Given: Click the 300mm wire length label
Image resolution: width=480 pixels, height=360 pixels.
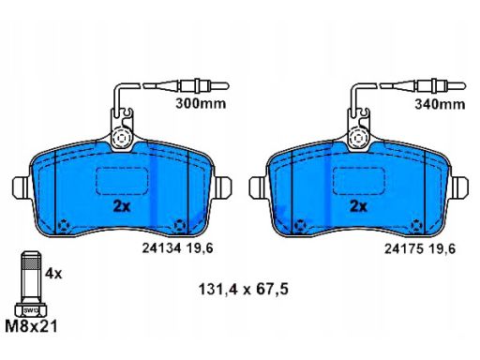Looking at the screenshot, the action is click(201, 103).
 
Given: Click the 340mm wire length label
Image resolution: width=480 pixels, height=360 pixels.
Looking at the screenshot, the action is click(440, 104).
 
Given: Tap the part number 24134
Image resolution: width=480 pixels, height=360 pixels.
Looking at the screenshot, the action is click(161, 248).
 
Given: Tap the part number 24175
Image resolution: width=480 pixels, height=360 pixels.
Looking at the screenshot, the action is click(404, 249).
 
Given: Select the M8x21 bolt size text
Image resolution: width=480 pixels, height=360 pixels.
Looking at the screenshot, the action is click(32, 326).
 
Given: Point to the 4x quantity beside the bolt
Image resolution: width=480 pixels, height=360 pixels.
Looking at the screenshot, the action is click(53, 274).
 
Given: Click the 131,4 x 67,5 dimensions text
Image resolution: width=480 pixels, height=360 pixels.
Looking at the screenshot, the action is click(244, 289).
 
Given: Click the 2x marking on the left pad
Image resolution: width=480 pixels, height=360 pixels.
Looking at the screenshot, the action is click(122, 206).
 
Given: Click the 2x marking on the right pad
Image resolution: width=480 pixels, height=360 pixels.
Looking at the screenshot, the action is click(358, 206).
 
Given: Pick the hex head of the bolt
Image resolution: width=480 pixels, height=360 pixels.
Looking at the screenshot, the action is click(31, 309).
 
